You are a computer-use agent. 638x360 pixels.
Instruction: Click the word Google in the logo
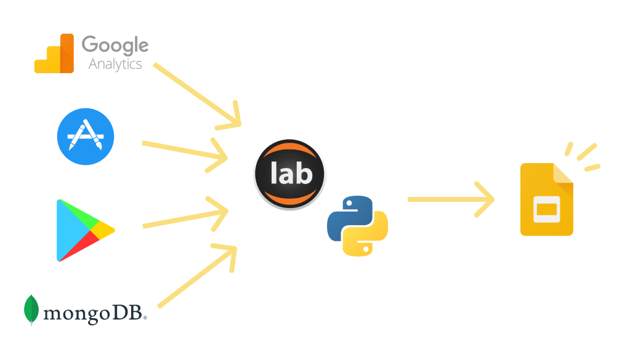tap(115, 46)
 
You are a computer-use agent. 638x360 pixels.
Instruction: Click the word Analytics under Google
tap(115, 64)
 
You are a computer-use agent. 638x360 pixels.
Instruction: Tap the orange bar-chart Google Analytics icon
tap(54, 54)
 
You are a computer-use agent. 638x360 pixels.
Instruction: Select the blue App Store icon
tap(86, 137)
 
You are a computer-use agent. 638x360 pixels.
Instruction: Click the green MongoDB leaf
tap(31, 310)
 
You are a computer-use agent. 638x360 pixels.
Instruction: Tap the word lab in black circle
tap(289, 174)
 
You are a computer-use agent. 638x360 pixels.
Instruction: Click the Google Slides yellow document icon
tap(546, 200)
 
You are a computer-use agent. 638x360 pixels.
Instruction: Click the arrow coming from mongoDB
tap(197, 277)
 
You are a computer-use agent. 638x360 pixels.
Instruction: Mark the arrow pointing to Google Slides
tap(450, 199)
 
